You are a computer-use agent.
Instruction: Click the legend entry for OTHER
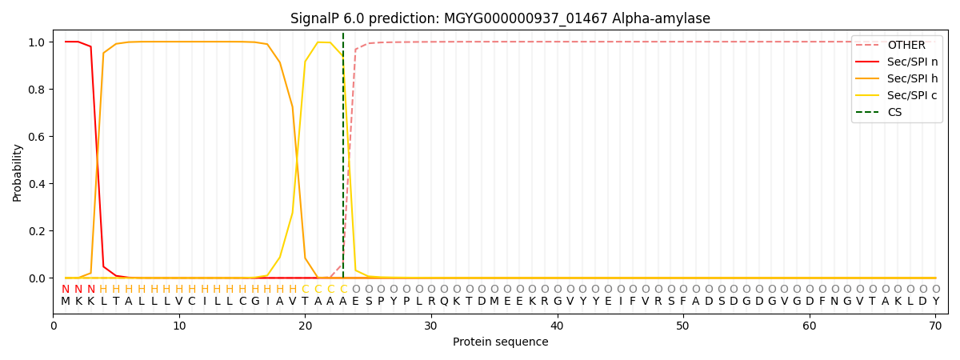point(897,45)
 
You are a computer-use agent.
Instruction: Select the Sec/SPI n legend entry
point(897,62)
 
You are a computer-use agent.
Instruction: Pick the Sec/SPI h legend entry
point(897,78)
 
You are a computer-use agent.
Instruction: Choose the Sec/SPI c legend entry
point(897,95)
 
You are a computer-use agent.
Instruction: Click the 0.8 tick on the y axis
point(37,90)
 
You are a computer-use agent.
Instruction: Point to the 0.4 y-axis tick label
point(37,184)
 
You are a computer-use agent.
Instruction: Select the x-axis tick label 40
point(557,326)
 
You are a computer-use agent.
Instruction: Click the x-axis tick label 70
point(935,326)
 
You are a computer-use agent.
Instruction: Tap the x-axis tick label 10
point(179,326)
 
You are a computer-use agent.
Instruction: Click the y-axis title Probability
point(17,173)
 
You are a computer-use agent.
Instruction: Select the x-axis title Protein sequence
point(501,342)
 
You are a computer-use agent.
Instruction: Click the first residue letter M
point(66,302)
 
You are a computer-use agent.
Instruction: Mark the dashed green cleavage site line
point(343,155)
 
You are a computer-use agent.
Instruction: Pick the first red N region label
point(66,289)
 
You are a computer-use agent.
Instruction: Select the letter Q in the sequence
point(444,302)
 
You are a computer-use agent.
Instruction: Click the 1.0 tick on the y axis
point(37,42)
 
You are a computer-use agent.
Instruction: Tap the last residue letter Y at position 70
point(936,302)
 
